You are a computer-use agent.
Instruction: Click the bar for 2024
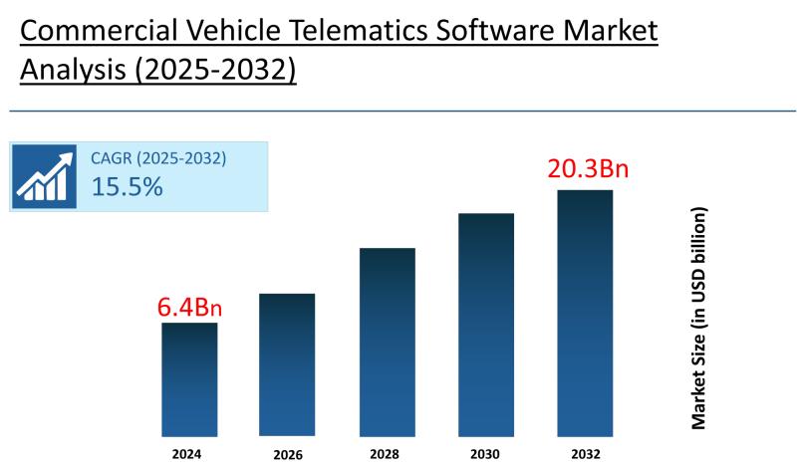coord(189,379)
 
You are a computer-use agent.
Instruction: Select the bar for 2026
coord(287,364)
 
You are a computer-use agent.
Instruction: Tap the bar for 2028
coord(387,342)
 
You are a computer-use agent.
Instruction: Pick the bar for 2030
coord(486,325)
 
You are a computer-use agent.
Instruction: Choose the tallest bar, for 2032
coord(585,313)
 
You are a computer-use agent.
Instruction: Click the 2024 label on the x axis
coord(186,454)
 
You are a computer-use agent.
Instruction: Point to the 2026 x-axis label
coord(287,455)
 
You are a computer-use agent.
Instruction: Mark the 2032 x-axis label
coord(586,454)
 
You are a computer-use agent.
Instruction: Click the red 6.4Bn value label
coord(189,307)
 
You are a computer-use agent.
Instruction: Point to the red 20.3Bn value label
coord(588,169)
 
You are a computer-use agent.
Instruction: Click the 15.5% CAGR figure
coord(127,186)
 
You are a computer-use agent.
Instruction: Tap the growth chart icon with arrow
coord(44,176)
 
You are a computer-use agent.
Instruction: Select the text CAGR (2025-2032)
coord(158,157)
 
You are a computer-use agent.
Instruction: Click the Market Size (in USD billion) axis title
coord(699,319)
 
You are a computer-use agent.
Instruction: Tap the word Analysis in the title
coord(68,72)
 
